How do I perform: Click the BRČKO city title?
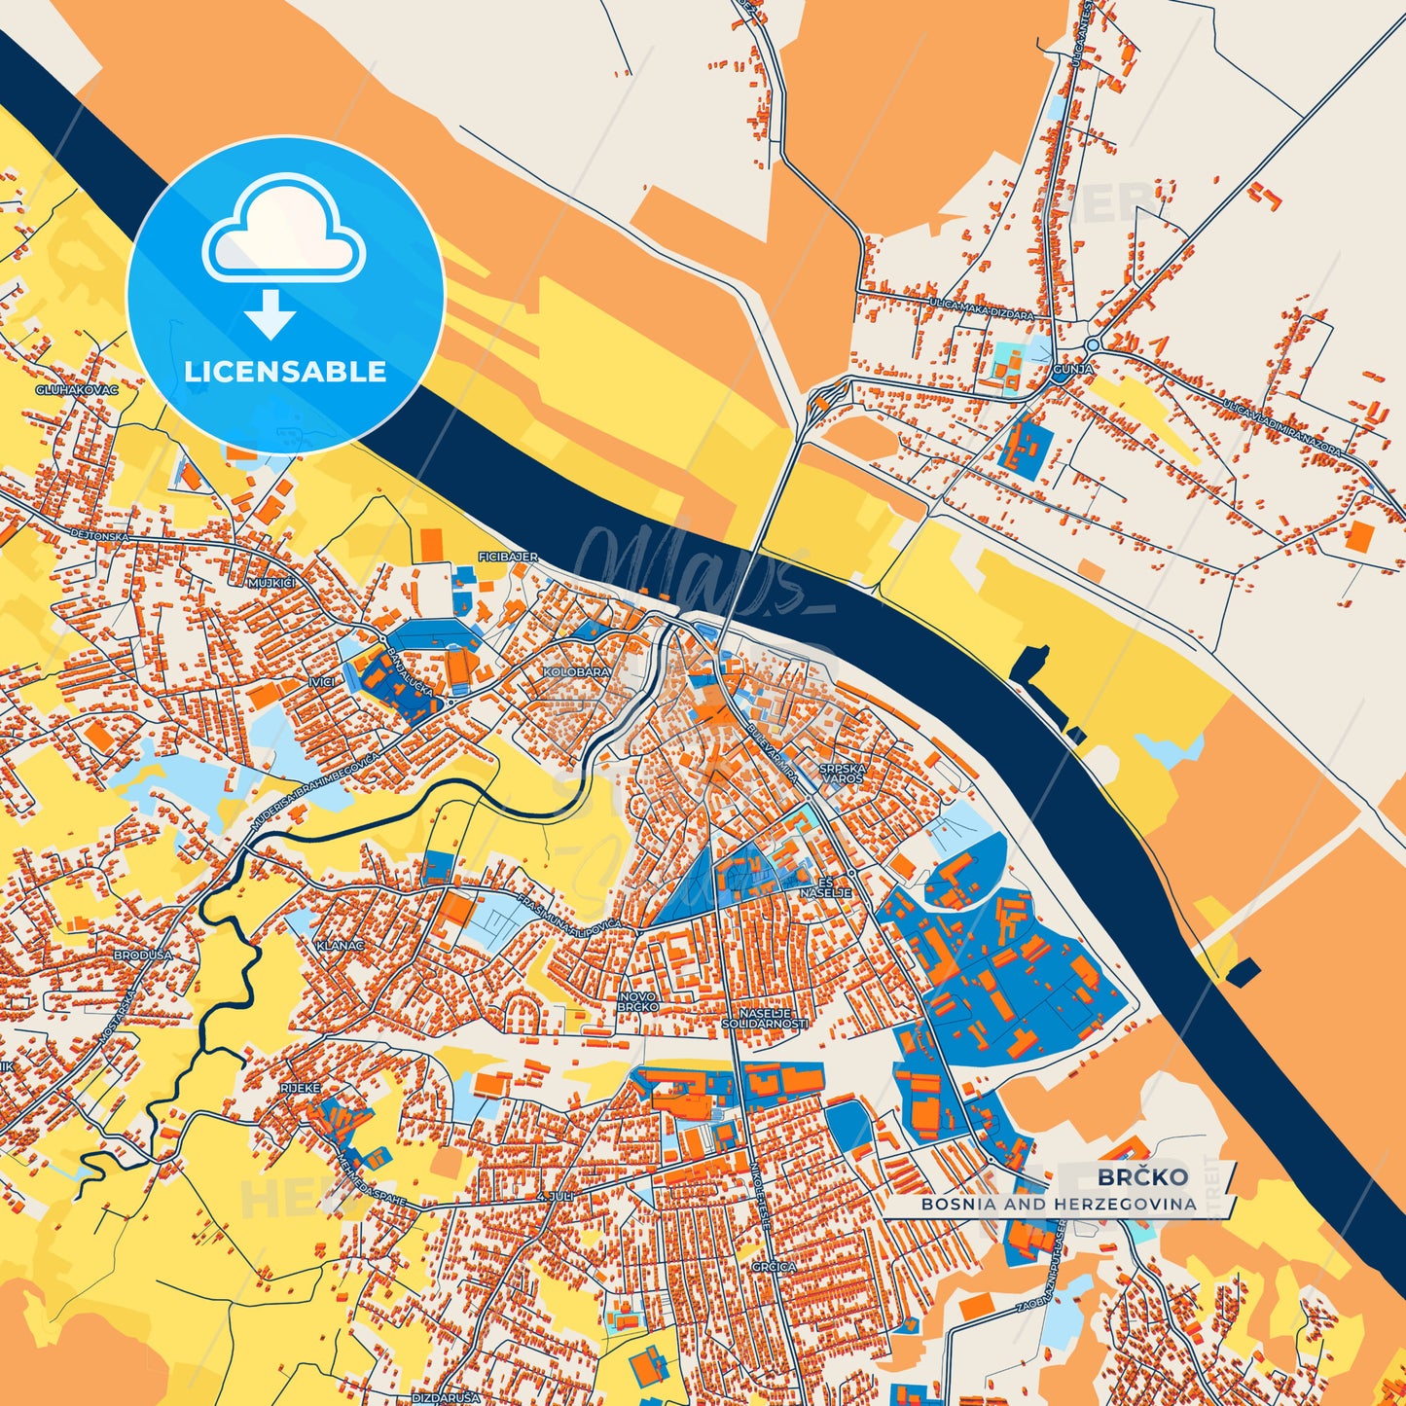(x=1142, y=1176)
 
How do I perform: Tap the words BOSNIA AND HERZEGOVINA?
(x=1059, y=1204)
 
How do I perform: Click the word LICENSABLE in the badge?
(x=285, y=372)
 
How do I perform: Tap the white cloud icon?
(x=283, y=229)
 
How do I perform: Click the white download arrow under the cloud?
(x=270, y=313)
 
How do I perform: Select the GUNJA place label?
(x=1072, y=370)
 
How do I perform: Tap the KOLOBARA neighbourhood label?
(x=577, y=672)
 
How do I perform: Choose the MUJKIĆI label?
(x=271, y=582)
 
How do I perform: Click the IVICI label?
(x=321, y=682)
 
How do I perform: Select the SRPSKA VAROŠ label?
(x=843, y=773)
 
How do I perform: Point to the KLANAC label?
(x=340, y=945)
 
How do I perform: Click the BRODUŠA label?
(x=143, y=955)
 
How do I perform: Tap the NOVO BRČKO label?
(x=638, y=1001)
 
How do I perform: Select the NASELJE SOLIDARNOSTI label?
(x=765, y=1018)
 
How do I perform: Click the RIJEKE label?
(x=300, y=1088)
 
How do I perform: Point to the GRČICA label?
(x=774, y=1267)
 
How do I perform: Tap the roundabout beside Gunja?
(x=1093, y=344)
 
